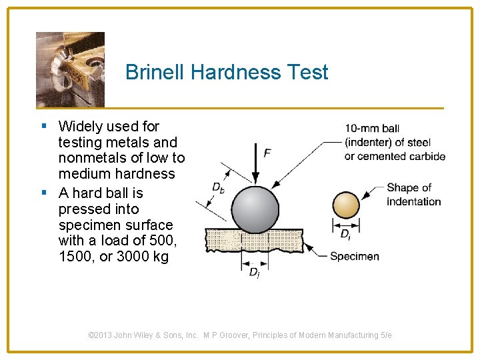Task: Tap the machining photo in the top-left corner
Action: [70, 68]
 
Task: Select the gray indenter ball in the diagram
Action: [255, 209]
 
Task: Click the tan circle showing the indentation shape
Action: [346, 205]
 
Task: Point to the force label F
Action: [267, 153]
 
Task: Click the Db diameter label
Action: [218, 187]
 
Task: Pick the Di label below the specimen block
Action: [254, 272]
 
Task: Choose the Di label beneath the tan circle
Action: [345, 235]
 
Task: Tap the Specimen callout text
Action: [354, 256]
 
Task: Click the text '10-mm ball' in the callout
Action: [372, 128]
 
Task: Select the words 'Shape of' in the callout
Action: [409, 188]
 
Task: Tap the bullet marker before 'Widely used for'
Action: [43, 126]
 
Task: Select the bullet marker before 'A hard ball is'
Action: [43, 193]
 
